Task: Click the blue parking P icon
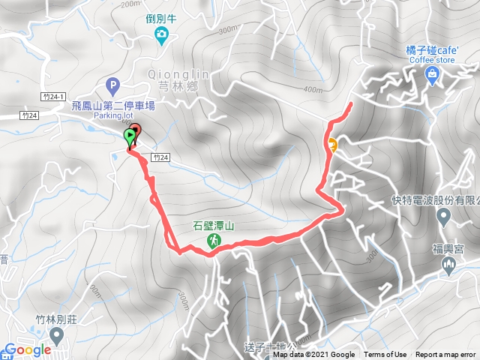(x=112, y=85)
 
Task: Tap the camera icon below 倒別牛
(x=160, y=34)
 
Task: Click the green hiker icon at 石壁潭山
(x=214, y=240)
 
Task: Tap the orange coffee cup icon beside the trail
(x=332, y=144)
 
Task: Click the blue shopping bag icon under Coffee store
(x=433, y=73)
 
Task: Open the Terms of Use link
(x=385, y=355)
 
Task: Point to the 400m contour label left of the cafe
(x=310, y=89)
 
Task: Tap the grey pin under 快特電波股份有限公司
(x=443, y=217)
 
